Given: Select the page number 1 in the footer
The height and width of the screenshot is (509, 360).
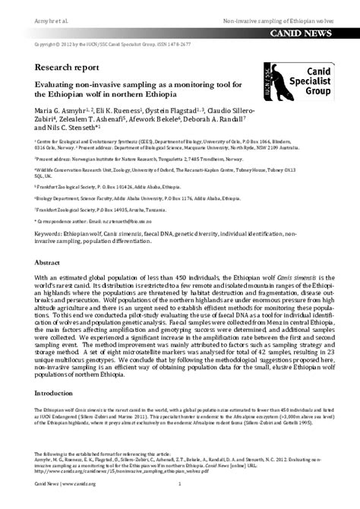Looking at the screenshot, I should pyautogui.click(x=179, y=483).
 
